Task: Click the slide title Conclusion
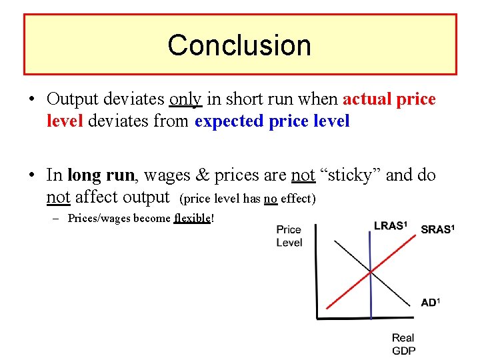(239, 45)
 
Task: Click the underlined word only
(186, 99)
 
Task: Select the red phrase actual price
(389, 99)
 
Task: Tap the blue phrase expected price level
(272, 122)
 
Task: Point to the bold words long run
(101, 175)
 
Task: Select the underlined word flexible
(192, 219)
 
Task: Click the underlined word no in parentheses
(270, 199)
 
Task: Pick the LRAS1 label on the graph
(390, 226)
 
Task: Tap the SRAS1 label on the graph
(437, 230)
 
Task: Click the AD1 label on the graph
(430, 303)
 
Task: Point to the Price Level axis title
(289, 236)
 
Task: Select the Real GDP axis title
(403, 344)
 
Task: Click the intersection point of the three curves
(371, 271)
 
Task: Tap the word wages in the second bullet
(166, 175)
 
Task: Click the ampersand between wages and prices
(203, 175)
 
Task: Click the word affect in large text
(99, 197)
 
